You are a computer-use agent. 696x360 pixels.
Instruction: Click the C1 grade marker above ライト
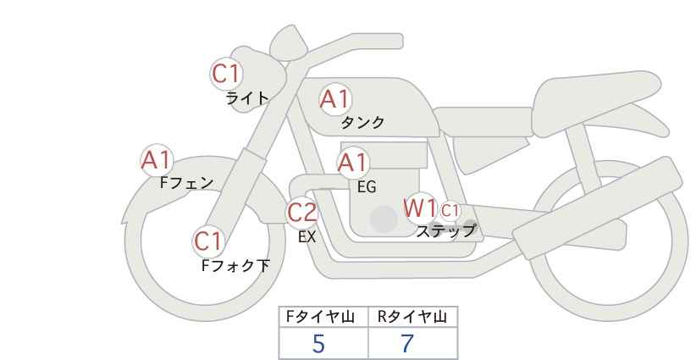point(226,74)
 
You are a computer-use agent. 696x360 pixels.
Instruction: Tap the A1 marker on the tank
point(335,99)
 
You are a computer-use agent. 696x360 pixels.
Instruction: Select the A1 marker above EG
point(353,163)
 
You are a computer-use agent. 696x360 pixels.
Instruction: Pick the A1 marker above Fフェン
point(157,160)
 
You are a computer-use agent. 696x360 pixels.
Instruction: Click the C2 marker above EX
point(302,212)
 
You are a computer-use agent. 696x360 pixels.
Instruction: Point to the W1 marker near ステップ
point(420,208)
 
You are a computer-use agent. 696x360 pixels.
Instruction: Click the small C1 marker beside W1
point(450,210)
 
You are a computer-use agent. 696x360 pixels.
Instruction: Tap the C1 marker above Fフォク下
point(208,241)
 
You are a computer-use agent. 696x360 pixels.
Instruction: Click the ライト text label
point(247,98)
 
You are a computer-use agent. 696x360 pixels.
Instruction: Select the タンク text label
point(362,122)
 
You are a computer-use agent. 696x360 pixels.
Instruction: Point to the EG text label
point(367,187)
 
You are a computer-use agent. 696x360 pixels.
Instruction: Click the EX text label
point(307,237)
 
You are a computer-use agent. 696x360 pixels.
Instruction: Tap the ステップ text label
point(445,231)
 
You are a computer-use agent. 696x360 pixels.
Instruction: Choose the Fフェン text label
point(186,182)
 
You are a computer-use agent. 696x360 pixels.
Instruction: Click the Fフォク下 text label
point(235,265)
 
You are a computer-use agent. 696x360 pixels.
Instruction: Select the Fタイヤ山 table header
point(320,317)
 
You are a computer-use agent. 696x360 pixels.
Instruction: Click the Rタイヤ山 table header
point(412,317)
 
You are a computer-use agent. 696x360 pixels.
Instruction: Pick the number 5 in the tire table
point(318,344)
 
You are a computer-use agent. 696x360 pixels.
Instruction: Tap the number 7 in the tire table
point(406,344)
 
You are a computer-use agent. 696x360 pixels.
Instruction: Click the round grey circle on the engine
point(384,219)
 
